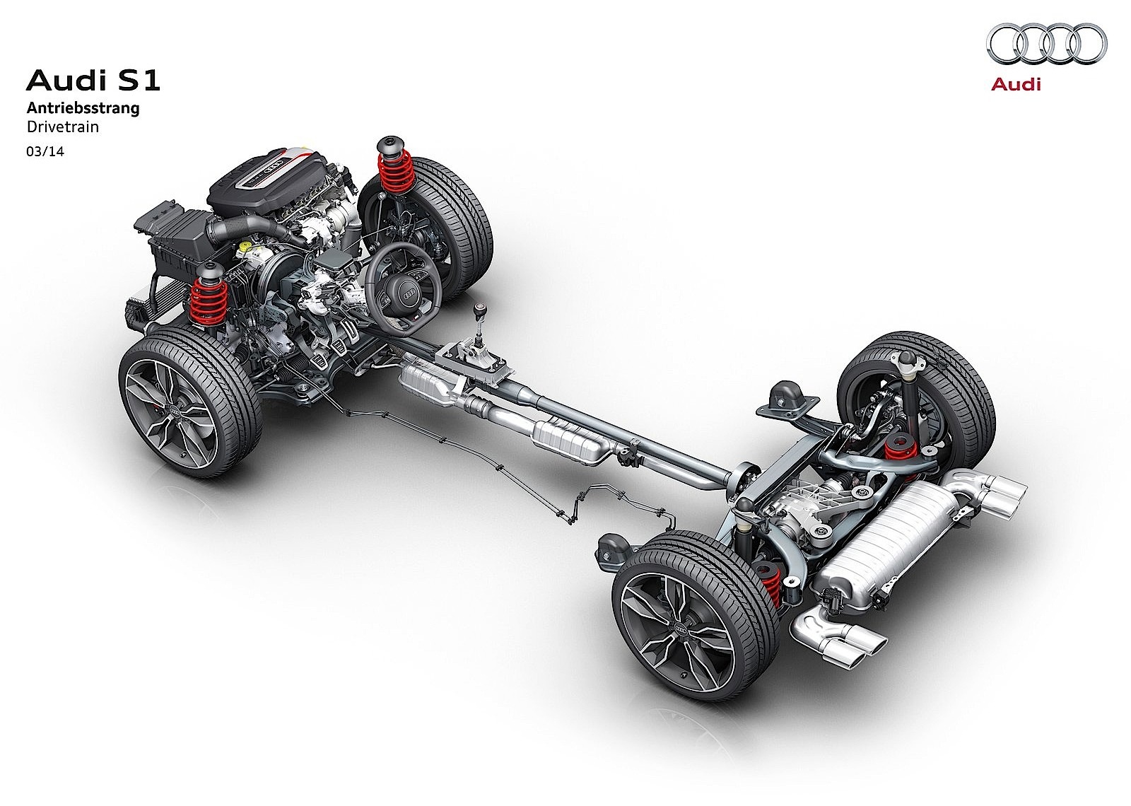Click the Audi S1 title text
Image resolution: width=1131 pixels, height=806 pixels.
tap(93, 81)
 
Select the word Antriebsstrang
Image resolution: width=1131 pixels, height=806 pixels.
tap(83, 107)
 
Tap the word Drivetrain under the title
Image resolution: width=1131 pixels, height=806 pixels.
tap(63, 127)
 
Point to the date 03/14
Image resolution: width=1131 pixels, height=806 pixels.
tap(45, 151)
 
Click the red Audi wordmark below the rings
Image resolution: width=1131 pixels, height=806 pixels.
tap(1015, 84)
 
